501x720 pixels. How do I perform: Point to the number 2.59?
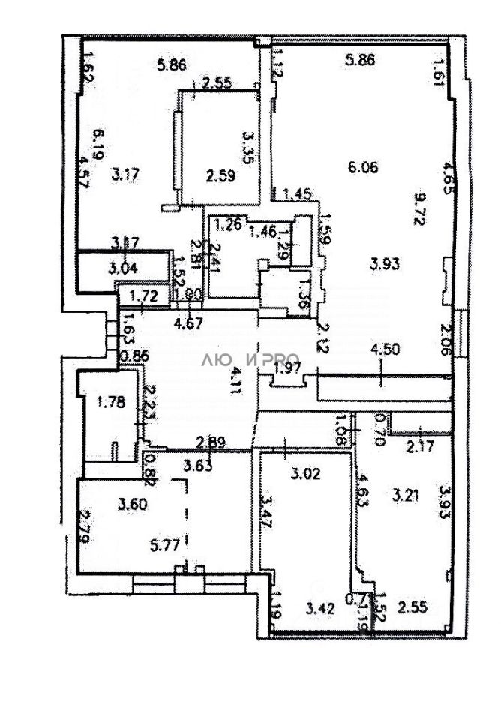point(220,178)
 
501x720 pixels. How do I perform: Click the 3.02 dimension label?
point(305,473)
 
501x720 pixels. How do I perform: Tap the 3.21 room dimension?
point(409,495)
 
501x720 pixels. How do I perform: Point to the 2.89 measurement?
point(211,442)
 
